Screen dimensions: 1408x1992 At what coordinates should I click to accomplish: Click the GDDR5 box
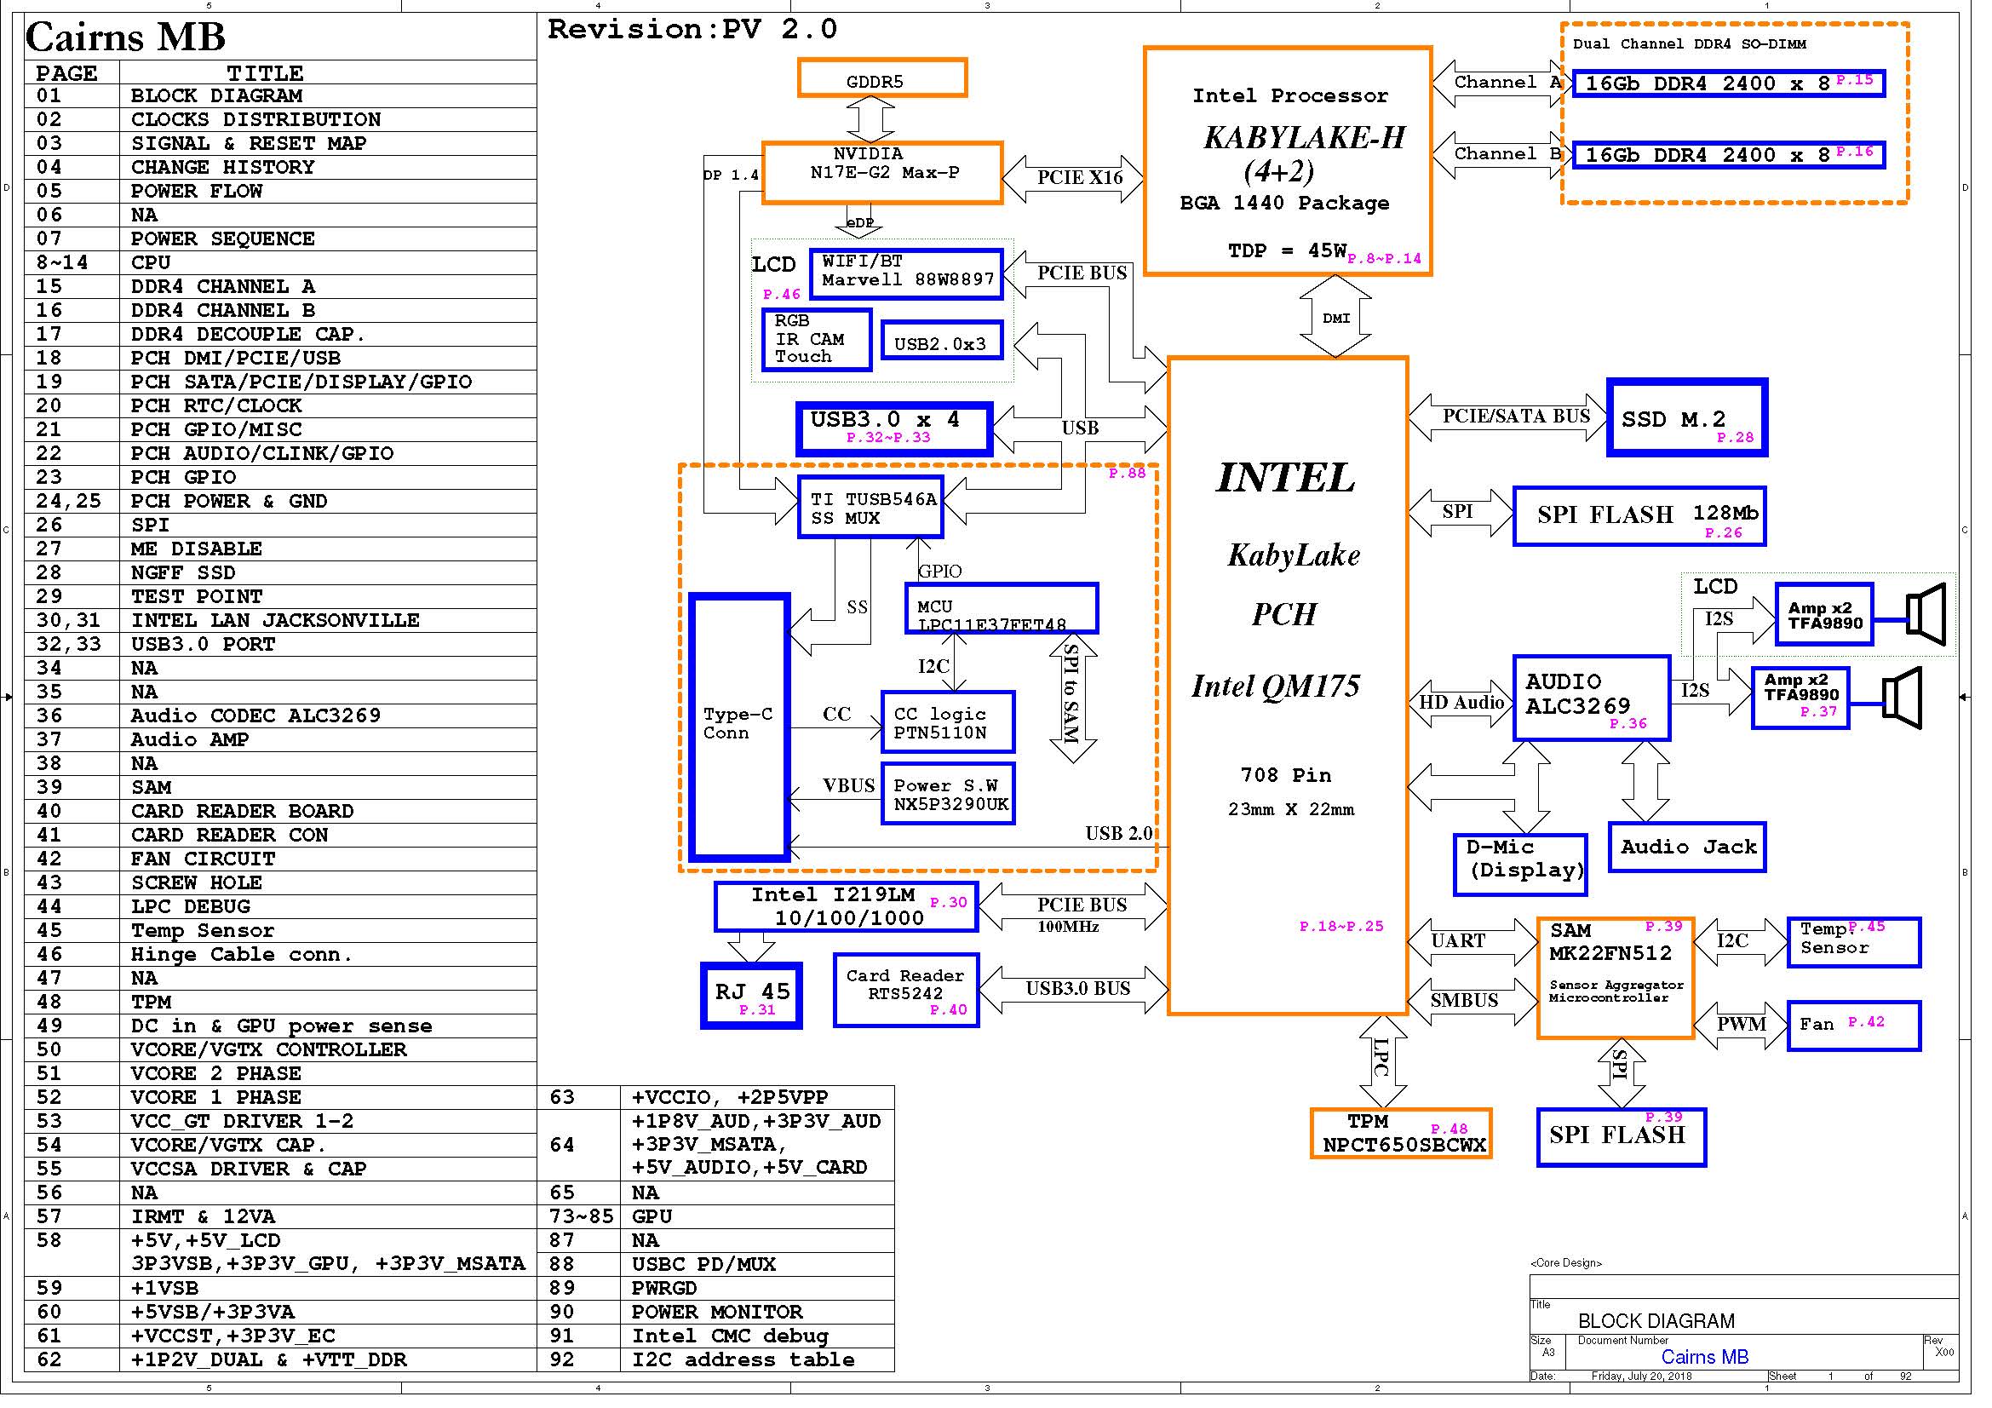[881, 79]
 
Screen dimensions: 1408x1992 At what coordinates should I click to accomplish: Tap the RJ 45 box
[751, 996]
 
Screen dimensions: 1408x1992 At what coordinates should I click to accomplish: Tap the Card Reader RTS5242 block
[906, 991]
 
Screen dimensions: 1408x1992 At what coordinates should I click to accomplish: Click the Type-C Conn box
[738, 727]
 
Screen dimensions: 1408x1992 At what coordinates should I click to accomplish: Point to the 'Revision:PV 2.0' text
[692, 30]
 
